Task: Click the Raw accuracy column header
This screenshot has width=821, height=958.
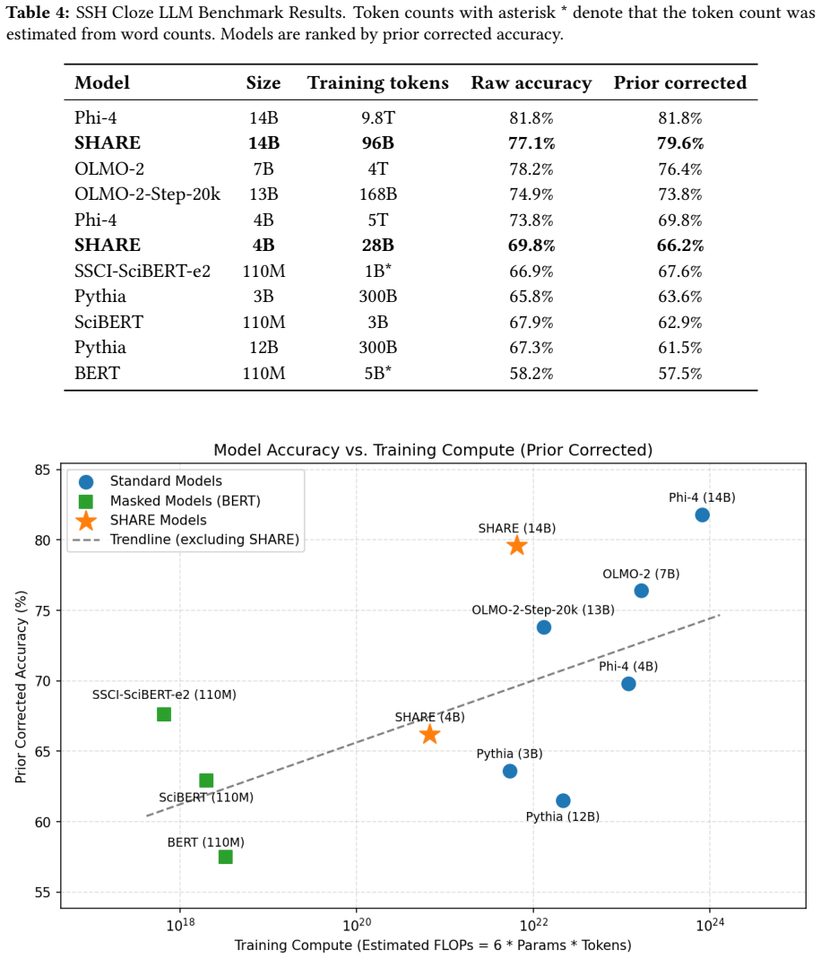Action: coord(531,83)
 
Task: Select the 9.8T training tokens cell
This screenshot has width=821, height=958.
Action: coord(377,118)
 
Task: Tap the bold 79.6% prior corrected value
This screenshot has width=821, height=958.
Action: coord(680,143)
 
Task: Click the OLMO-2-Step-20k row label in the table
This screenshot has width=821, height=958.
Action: coord(147,194)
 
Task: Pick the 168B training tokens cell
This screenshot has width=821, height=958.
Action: coord(377,194)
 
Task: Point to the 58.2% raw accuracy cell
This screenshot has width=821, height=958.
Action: coord(531,374)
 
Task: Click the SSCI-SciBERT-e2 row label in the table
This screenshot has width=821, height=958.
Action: coord(143,272)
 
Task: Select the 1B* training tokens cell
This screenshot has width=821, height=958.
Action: coord(377,272)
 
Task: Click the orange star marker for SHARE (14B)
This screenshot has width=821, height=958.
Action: coord(517,546)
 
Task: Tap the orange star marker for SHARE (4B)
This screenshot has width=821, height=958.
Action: coord(430,734)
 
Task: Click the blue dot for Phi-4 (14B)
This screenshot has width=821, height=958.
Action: coord(702,515)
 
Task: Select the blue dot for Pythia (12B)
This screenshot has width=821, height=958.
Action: coord(563,800)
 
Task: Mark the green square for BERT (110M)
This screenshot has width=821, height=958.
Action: coord(225,858)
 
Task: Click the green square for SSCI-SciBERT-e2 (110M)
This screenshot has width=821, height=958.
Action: coord(164,714)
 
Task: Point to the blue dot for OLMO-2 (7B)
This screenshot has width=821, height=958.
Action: coord(641,591)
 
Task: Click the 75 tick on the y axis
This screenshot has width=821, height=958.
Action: coord(43,611)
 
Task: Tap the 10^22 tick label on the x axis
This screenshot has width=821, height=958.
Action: coord(532,924)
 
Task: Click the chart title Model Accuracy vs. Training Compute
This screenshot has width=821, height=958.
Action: coord(433,450)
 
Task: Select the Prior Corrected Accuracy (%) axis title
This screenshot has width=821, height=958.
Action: coord(22,686)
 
